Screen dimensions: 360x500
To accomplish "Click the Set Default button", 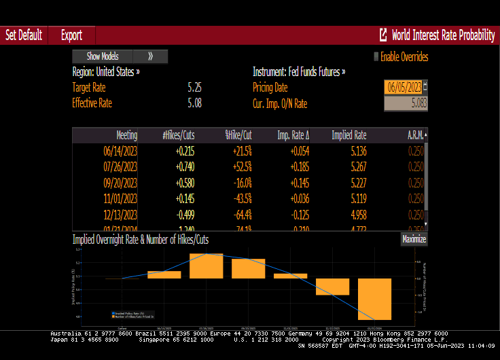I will pyautogui.click(x=24, y=35).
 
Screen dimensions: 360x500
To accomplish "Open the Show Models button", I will pyautogui.click(x=103, y=56).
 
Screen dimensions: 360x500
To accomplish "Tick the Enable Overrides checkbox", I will pyautogui.click(x=376, y=57).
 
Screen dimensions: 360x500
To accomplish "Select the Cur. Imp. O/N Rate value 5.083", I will pyautogui.click(x=406, y=103).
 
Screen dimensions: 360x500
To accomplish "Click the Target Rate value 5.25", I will pyautogui.click(x=194, y=87).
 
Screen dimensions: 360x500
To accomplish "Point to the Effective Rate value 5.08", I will pyautogui.click(x=194, y=103).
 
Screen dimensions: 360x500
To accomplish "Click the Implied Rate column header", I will pyautogui.click(x=349, y=135).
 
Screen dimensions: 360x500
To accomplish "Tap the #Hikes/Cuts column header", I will pyautogui.click(x=179, y=135).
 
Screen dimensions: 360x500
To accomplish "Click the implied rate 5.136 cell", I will pyautogui.click(x=354, y=151).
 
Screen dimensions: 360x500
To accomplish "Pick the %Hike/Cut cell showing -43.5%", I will pyautogui.click(x=238, y=198).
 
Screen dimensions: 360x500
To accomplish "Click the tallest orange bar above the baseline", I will pyautogui.click(x=207, y=266).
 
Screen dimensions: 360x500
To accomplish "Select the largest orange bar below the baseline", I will pyautogui.click(x=375, y=299).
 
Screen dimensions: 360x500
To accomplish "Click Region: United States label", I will pyautogui.click(x=106, y=71).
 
